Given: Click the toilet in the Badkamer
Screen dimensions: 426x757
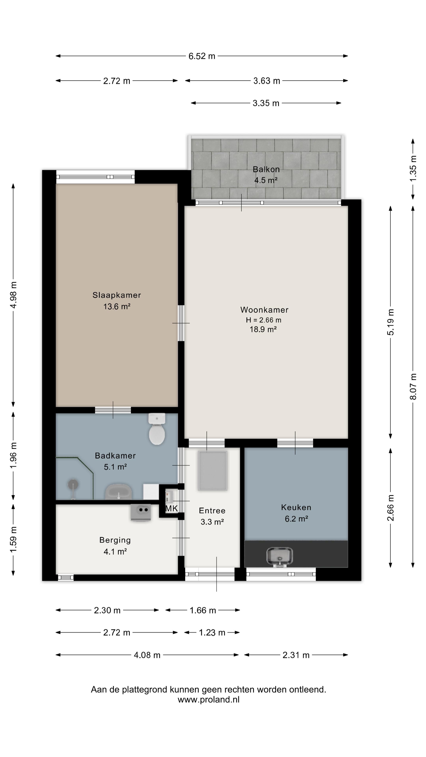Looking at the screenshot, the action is tap(157, 429).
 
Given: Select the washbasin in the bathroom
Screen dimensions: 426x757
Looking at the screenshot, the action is tap(119, 492).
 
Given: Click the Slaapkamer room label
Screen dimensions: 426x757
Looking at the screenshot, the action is tap(117, 295).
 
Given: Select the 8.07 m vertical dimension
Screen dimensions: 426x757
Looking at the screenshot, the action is tap(413, 386).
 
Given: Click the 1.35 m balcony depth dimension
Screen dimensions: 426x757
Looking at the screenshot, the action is tap(413, 169).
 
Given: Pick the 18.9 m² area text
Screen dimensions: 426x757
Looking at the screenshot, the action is tap(263, 329).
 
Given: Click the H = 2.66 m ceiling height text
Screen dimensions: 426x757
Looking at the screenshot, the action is tap(264, 320).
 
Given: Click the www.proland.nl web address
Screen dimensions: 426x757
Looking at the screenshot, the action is tap(209, 699).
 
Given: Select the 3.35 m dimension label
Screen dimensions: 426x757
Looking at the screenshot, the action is tap(266, 103).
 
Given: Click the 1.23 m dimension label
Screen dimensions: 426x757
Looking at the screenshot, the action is tap(212, 632).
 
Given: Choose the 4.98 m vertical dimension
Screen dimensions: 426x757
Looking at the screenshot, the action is tap(13, 295).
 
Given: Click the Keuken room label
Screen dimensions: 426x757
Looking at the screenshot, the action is tap(296, 507).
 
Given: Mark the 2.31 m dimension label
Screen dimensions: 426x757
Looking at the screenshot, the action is tap(296, 655).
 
